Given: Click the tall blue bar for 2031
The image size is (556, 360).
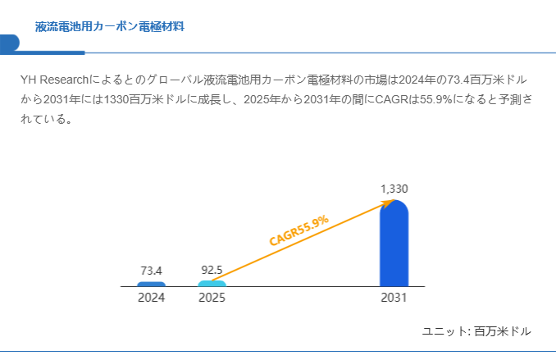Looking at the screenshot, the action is click(394, 244).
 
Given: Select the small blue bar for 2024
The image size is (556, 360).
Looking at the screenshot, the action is click(152, 284).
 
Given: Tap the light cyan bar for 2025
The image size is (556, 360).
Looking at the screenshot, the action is click(212, 284).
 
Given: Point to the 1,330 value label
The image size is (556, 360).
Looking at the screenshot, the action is click(394, 189).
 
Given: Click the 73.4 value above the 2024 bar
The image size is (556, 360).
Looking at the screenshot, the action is click(152, 271).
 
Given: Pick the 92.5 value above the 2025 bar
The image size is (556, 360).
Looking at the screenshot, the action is click(212, 271).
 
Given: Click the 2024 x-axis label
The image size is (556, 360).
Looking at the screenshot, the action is click(152, 298).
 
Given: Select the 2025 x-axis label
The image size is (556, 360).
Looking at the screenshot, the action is click(212, 298).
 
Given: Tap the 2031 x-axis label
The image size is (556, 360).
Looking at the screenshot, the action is click(394, 298).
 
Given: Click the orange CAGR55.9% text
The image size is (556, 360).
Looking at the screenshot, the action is click(299, 230).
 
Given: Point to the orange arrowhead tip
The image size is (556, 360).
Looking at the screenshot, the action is click(395, 200).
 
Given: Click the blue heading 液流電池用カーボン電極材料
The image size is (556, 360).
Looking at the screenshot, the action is click(110, 26).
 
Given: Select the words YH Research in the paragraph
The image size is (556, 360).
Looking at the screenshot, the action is click(54, 80).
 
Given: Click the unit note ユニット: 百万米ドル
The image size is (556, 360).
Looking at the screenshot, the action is click(476, 331).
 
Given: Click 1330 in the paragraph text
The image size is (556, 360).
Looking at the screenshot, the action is click(116, 99).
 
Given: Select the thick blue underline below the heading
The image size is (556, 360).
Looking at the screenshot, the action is click(43, 52).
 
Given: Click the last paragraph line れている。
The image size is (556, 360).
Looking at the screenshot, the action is click(47, 119).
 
